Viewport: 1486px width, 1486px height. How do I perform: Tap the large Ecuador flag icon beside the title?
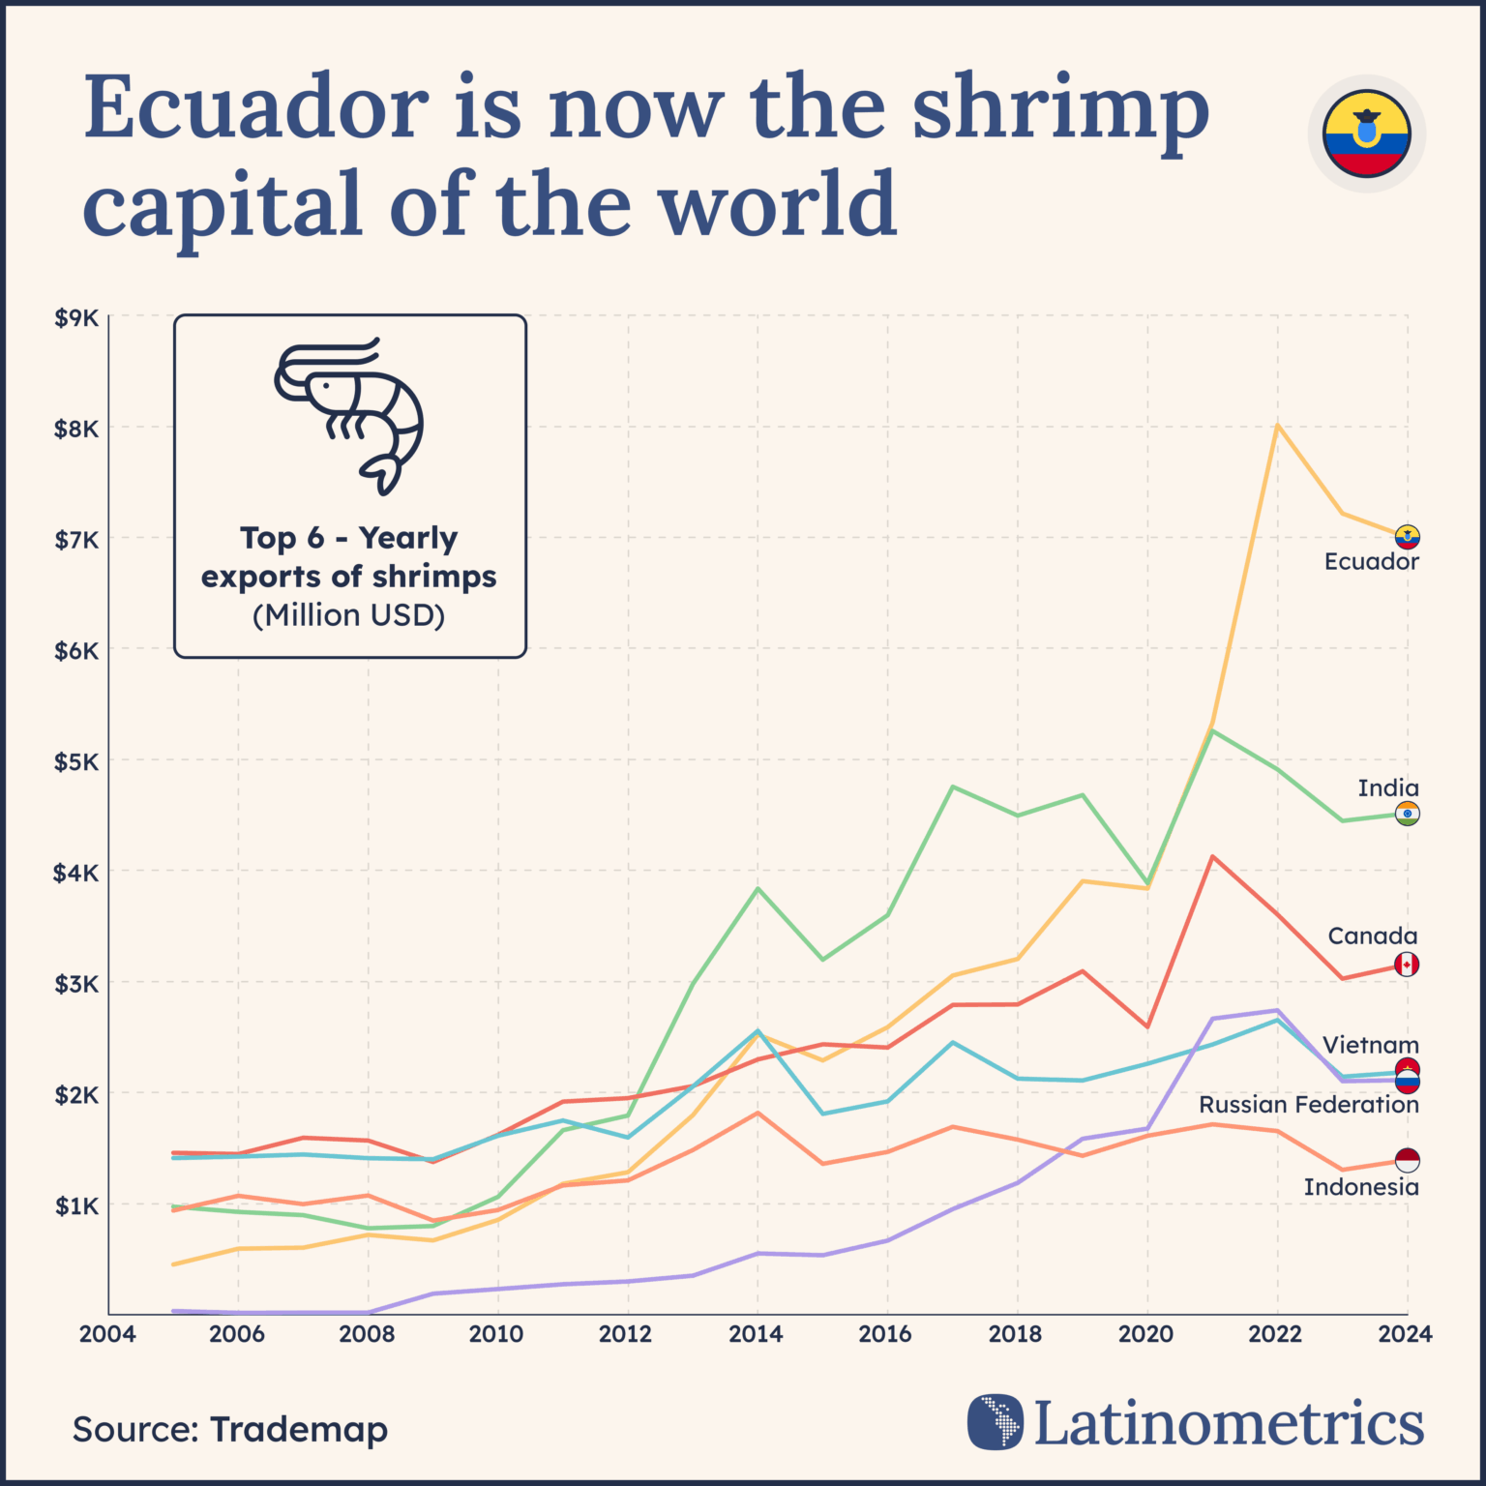[1366, 134]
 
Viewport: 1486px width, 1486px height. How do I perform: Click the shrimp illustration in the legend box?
[349, 416]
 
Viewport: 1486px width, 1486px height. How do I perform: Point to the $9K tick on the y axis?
[76, 318]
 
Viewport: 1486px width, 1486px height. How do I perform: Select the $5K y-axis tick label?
[76, 762]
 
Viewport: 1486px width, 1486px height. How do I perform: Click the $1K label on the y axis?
[76, 1206]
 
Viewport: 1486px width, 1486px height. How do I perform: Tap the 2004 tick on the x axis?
[107, 1334]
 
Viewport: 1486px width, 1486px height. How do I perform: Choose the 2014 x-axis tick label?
[756, 1334]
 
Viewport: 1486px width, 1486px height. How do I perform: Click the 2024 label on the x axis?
[1405, 1334]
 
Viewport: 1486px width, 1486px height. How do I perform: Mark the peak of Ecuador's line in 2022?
[1277, 425]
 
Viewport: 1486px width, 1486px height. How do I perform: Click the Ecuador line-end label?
[1371, 562]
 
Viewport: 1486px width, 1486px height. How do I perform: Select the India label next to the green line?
[1387, 788]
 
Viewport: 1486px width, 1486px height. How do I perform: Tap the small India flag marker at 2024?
[1407, 814]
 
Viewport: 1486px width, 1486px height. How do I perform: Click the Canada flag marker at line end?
[1407, 965]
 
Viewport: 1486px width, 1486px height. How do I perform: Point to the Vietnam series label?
[1370, 1046]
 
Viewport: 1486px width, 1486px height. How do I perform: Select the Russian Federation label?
[1308, 1105]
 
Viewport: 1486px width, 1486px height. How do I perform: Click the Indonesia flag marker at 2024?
[1407, 1160]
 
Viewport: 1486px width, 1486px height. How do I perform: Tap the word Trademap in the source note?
[298, 1430]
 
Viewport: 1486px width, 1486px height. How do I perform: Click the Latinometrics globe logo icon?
[995, 1422]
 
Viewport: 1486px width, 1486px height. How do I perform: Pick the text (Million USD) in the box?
[349, 615]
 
